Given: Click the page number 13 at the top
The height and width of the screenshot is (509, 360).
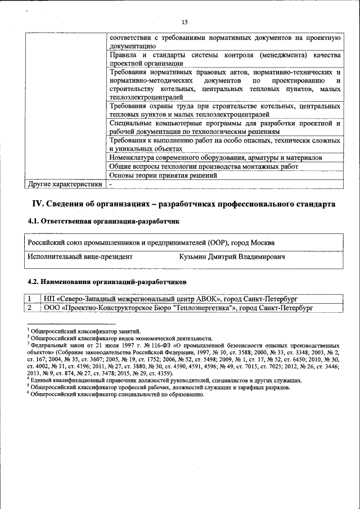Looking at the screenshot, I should point(184,22).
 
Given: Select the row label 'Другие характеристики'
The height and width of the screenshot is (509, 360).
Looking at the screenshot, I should point(65,183).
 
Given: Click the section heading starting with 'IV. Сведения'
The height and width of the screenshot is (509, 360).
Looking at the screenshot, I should point(183,204).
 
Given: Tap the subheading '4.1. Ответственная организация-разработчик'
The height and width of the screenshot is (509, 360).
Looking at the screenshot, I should point(103,222).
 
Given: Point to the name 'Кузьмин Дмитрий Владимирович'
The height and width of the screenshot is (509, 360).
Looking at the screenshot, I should point(232,256).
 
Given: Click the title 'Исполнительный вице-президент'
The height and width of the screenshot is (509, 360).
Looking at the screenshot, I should point(80,256).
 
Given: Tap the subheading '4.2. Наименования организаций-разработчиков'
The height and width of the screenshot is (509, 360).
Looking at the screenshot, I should point(107,281).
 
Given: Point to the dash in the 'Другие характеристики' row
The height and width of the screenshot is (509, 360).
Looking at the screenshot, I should point(111,183).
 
